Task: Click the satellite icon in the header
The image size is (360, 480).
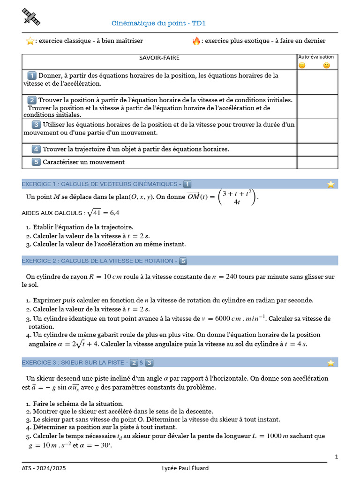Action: coord(31,17)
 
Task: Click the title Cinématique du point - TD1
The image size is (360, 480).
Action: coord(159,23)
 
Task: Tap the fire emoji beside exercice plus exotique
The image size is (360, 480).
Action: coord(196,41)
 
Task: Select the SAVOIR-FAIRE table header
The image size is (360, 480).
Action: coord(159,58)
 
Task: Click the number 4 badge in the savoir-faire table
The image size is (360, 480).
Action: coord(36,149)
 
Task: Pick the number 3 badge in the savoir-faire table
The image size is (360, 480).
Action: coord(36,125)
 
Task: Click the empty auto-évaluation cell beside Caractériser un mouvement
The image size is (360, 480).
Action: coord(317,162)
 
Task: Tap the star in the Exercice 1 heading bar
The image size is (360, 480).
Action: coord(331,184)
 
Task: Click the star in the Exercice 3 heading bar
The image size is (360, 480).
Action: coord(331,362)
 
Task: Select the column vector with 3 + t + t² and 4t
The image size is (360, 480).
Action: coord(238,197)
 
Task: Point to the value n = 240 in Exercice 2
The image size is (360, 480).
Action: coord(225,277)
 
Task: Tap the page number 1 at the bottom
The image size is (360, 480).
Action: coord(337,457)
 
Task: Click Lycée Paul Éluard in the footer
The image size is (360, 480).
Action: coord(185,468)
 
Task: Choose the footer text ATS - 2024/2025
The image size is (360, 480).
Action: coord(41,468)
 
